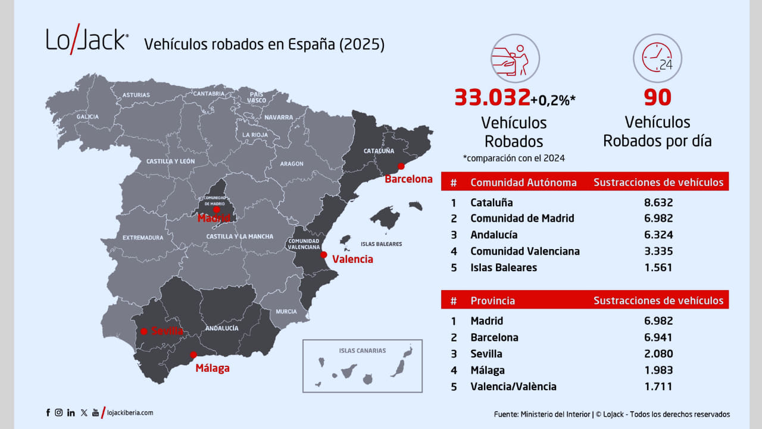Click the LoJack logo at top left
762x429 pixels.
click(87, 41)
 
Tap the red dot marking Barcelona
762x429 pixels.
click(401, 166)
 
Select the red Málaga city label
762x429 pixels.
click(213, 368)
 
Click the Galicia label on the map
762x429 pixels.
click(88, 117)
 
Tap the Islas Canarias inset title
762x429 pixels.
click(362, 350)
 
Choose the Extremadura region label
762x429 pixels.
click(143, 238)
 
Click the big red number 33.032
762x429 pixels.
click(492, 97)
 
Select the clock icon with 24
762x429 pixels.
click(657, 58)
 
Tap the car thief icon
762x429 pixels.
click(514, 58)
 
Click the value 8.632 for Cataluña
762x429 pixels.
click(658, 203)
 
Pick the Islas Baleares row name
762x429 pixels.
click(503, 268)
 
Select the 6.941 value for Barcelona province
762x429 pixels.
click(658, 337)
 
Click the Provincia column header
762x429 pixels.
click(492, 301)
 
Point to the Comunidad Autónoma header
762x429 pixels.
click(523, 182)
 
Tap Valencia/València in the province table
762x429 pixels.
click(513, 386)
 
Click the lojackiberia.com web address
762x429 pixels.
click(130, 412)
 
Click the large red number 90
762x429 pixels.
click(657, 97)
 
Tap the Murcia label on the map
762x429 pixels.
click(286, 312)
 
